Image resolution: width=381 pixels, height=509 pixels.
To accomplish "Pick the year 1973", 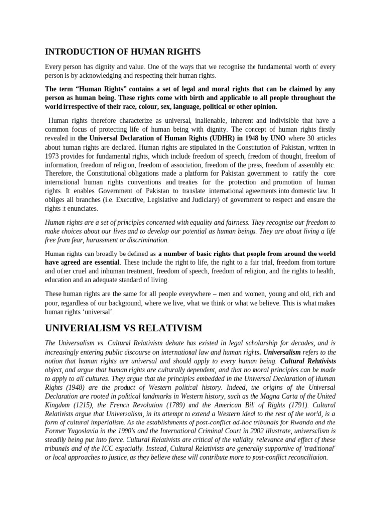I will point(53,156).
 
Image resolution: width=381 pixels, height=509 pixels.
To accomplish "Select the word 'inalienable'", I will point(175,120).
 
